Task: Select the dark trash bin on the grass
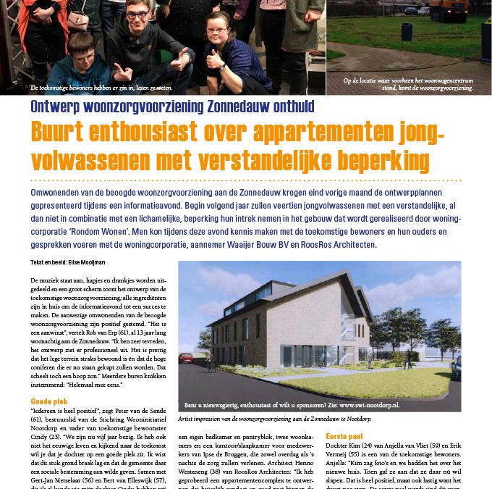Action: [407, 33]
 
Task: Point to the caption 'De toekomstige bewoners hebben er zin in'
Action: [101, 88]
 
